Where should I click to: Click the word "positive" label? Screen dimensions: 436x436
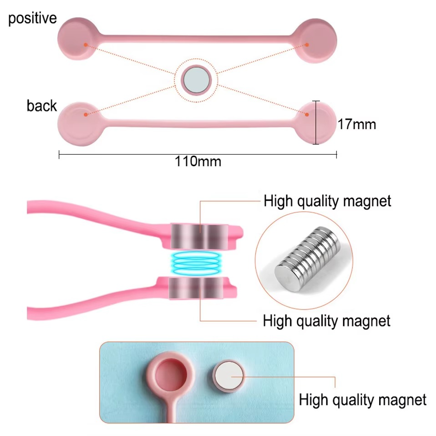(32, 19)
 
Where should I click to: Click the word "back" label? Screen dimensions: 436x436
(41, 106)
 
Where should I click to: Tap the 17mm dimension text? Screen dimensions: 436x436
(356, 123)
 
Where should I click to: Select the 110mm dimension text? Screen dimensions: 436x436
(198, 161)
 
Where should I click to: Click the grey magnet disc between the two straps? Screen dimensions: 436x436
(197, 80)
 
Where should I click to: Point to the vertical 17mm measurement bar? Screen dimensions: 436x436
(316, 122)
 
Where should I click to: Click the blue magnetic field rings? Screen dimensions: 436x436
(198, 261)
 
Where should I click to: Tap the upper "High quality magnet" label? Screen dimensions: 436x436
(327, 201)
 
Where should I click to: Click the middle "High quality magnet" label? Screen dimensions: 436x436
(326, 320)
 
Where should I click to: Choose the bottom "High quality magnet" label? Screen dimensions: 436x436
(362, 400)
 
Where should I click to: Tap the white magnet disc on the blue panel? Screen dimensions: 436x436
(229, 377)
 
